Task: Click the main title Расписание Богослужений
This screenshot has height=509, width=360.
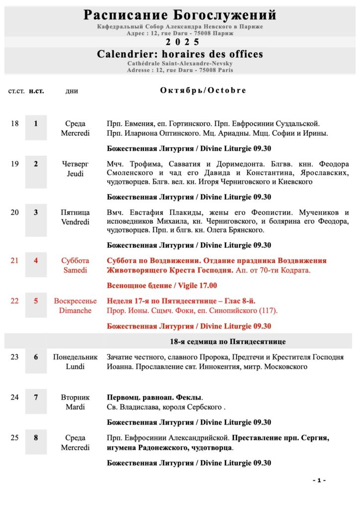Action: point(180,15)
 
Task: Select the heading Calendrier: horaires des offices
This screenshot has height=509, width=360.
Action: point(180,54)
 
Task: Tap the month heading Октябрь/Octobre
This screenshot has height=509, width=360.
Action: point(203,90)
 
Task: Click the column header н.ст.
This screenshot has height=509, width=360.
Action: point(36,91)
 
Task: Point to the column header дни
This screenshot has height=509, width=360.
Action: point(72,91)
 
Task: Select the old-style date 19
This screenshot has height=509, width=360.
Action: point(14,164)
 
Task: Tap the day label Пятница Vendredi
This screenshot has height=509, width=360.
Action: point(75,217)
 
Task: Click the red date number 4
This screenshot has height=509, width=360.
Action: point(36,260)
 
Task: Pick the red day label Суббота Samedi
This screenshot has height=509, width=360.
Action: point(75,265)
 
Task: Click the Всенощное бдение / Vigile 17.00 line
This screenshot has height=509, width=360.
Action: point(162,286)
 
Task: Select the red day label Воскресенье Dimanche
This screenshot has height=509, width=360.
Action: point(75,306)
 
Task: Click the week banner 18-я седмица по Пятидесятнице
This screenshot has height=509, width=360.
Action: point(228,341)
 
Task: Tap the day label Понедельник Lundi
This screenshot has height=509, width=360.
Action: point(75,362)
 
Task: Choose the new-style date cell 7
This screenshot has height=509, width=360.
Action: point(36,398)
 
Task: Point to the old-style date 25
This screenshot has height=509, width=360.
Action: point(14,438)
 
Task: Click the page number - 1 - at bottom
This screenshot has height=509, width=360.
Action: point(319,480)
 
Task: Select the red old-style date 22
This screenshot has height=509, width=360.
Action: point(14,301)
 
